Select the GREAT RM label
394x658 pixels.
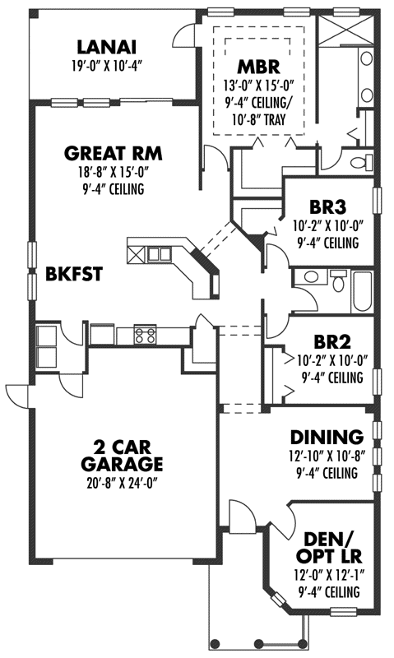[113, 153]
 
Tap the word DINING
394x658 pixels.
[327, 437]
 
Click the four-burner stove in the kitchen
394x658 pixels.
[145, 335]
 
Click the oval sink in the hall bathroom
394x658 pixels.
[309, 277]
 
